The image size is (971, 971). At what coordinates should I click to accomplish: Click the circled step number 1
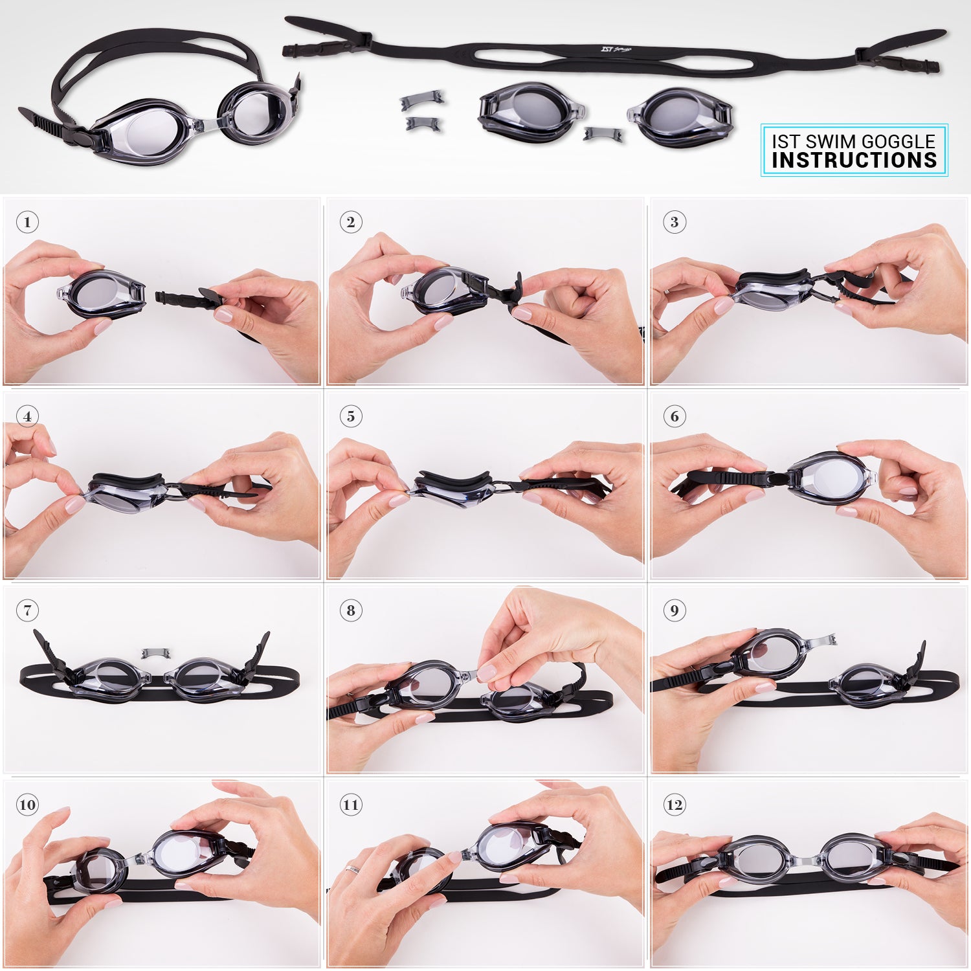pyautogui.click(x=27, y=222)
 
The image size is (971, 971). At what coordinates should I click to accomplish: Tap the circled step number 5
pyautogui.click(x=351, y=416)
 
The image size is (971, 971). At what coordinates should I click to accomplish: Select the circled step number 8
pyautogui.click(x=351, y=610)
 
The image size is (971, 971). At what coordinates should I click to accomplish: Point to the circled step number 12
pyautogui.click(x=675, y=805)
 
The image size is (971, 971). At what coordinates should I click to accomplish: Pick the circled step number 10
pyautogui.click(x=27, y=805)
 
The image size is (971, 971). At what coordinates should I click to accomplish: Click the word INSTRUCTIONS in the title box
pyautogui.click(x=854, y=161)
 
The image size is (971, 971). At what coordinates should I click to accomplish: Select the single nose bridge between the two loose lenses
pyautogui.click(x=603, y=135)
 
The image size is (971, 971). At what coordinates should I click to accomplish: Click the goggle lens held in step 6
pyautogui.click(x=832, y=478)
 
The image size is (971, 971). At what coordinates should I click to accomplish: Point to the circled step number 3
pyautogui.click(x=675, y=222)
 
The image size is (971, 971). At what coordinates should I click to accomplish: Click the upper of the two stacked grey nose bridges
pyautogui.click(x=422, y=99)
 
